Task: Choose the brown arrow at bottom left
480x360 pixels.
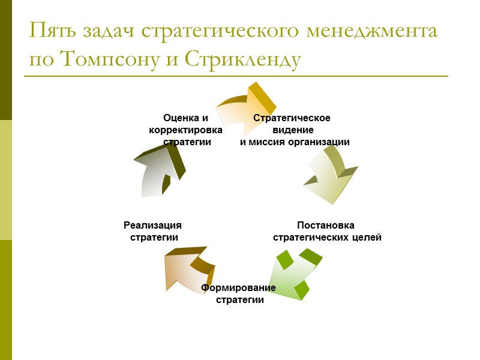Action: [187, 270]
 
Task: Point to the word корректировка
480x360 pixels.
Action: [185, 130]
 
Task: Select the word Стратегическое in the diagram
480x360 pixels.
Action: [292, 118]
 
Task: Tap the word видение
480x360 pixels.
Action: [293, 130]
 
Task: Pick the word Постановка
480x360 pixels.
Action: [326, 226]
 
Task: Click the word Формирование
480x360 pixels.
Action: [238, 288]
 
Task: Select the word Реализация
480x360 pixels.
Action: [152, 226]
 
